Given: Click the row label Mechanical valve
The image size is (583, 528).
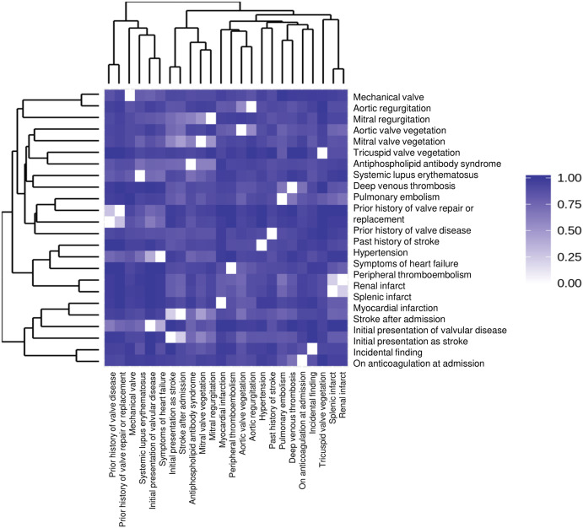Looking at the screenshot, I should point(389,96).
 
